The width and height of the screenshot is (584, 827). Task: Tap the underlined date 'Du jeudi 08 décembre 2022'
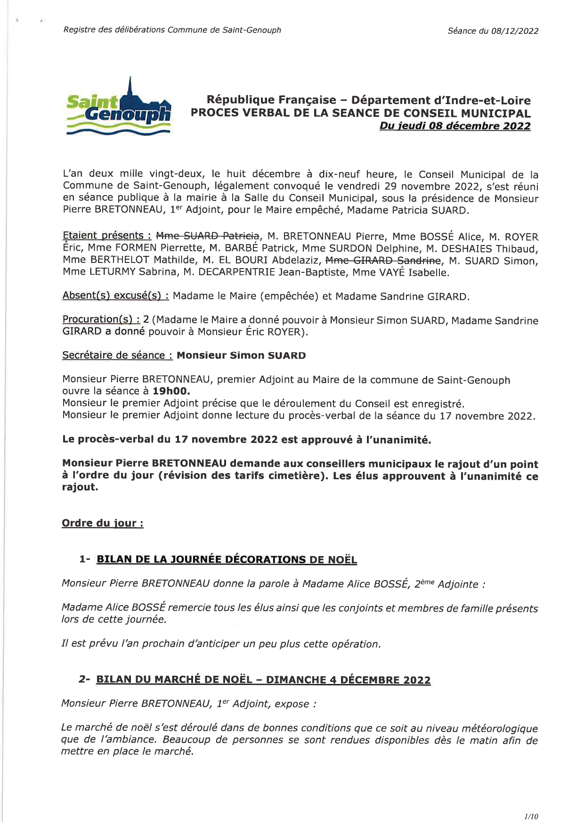click(454, 126)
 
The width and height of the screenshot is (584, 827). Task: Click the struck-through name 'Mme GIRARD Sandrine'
click(383, 260)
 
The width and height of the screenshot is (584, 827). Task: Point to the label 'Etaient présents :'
click(107, 236)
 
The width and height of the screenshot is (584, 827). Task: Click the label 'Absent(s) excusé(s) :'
click(116, 296)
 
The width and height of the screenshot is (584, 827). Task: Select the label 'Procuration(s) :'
click(101, 319)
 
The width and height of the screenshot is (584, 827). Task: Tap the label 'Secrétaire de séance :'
click(117, 355)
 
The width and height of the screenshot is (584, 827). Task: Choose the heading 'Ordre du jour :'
click(103, 523)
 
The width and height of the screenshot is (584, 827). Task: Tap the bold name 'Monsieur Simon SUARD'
click(241, 355)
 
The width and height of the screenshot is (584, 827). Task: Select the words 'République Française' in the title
click(272, 100)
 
